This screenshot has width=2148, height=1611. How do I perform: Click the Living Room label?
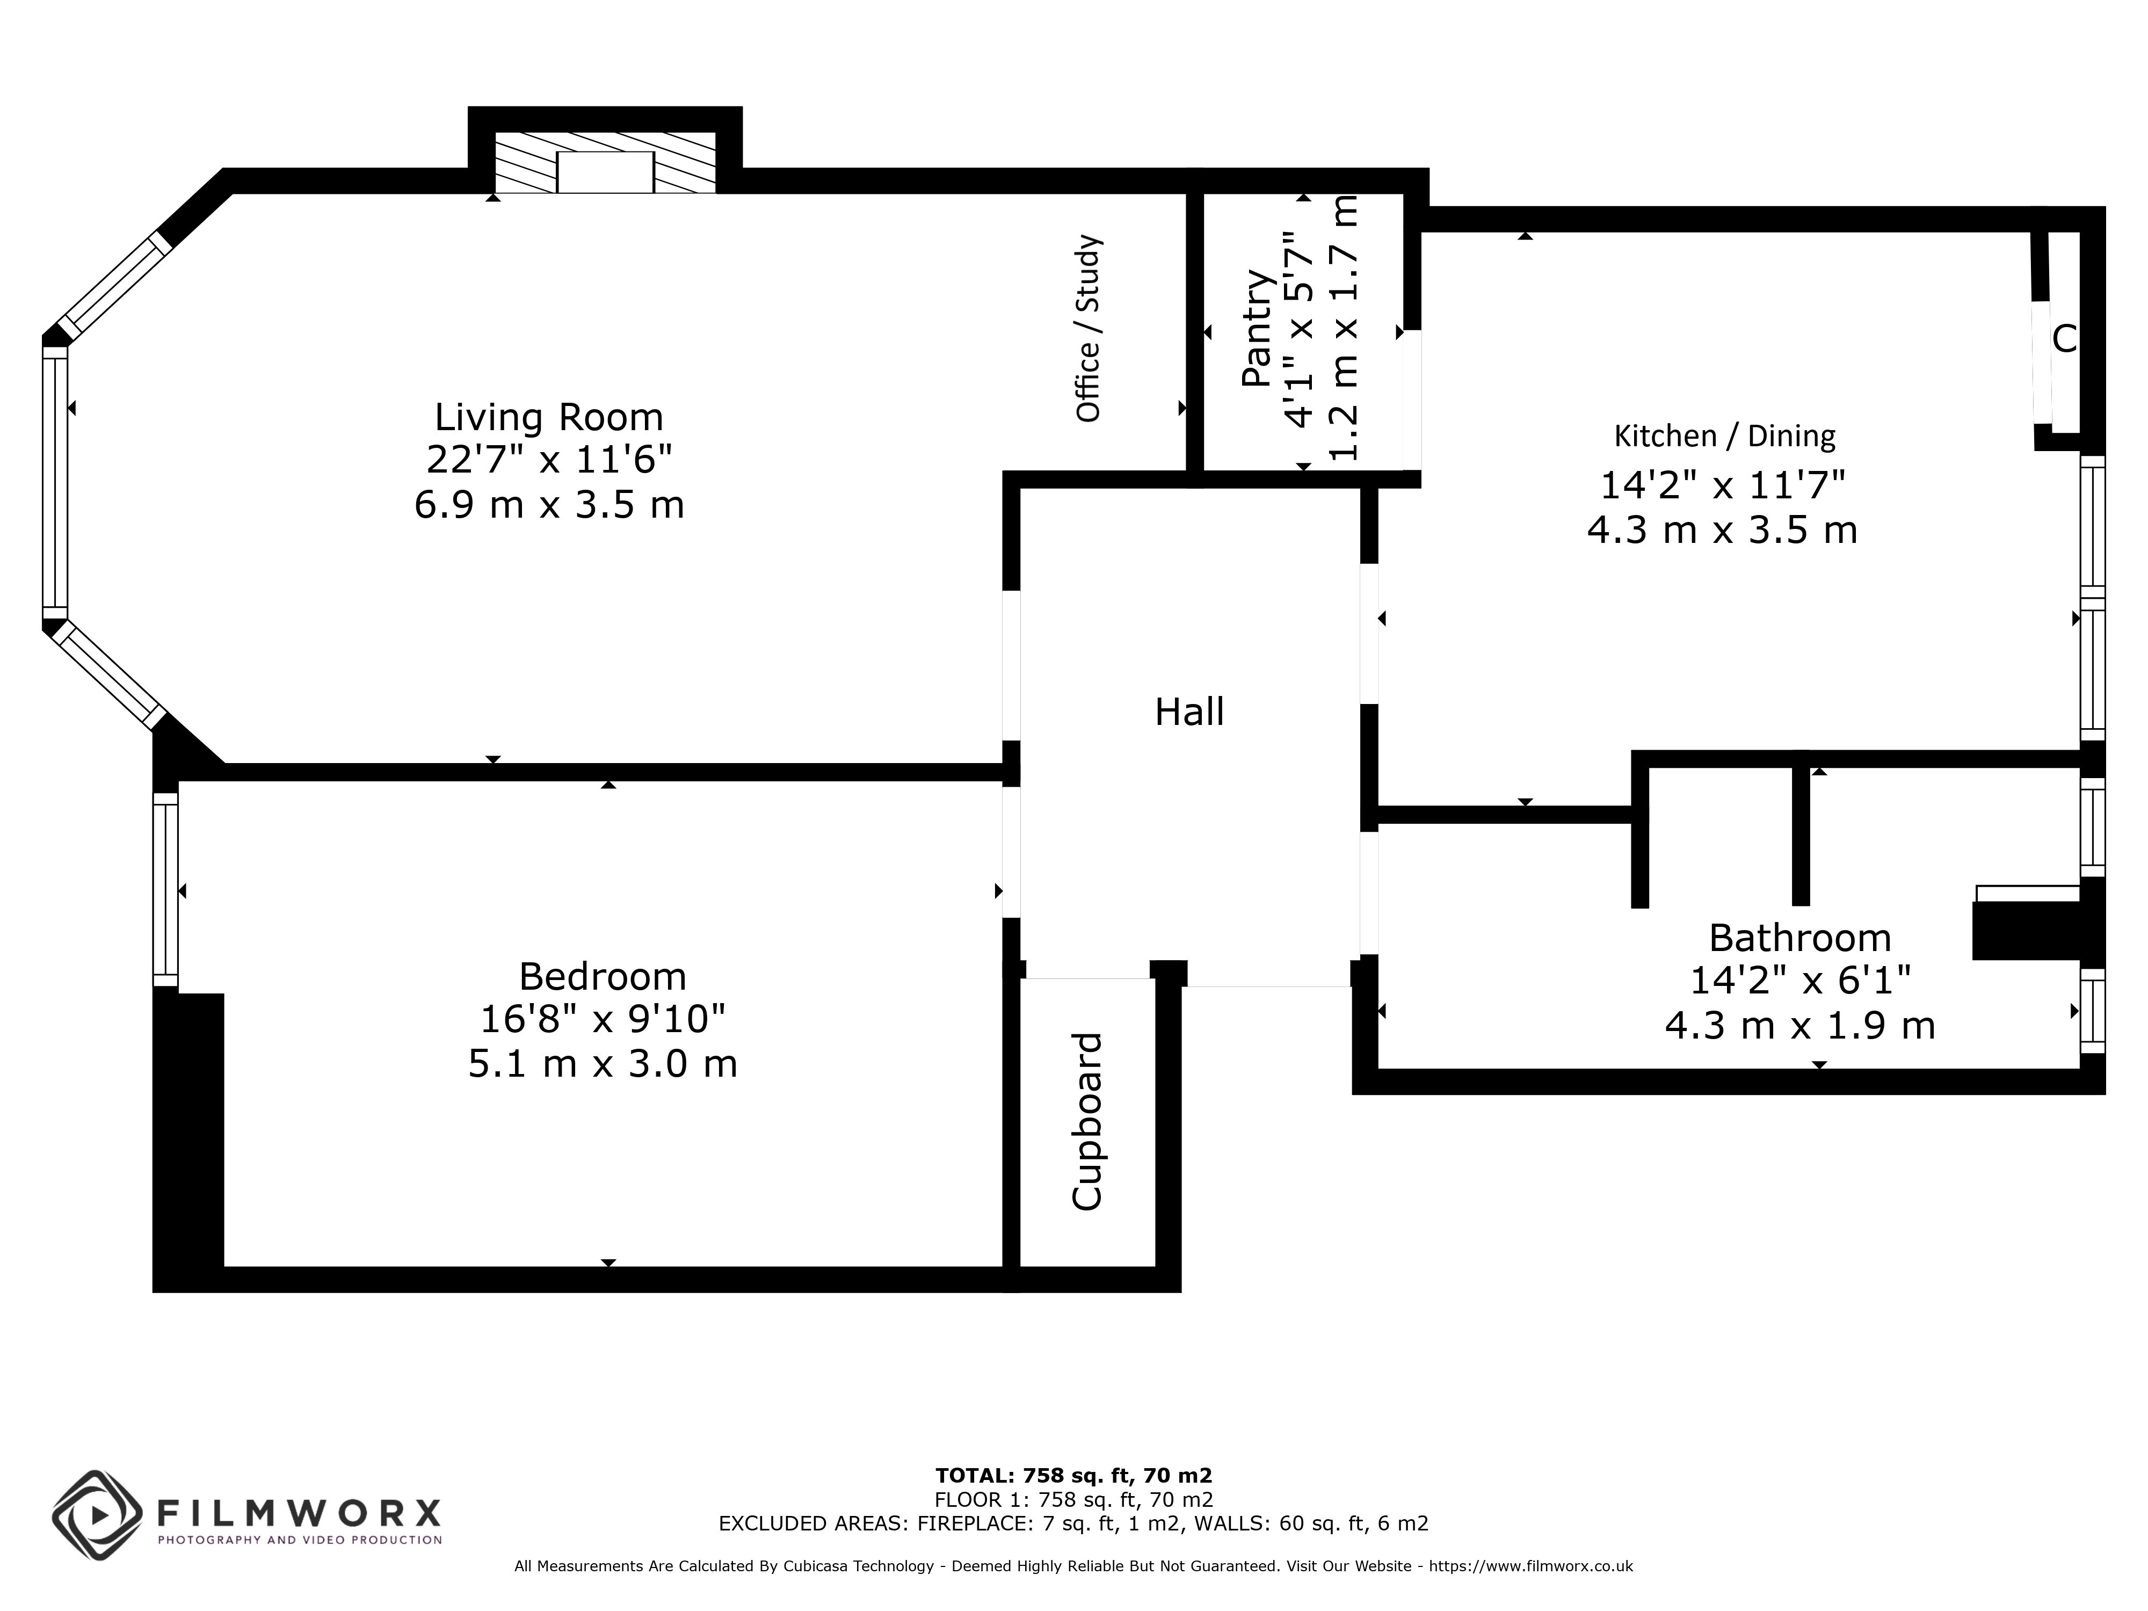549,418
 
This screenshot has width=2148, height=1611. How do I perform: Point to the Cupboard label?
1087,1122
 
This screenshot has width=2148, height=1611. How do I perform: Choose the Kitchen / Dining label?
1725,436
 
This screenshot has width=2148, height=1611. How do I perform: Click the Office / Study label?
1088,328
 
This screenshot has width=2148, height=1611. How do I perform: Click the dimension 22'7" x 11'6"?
549,459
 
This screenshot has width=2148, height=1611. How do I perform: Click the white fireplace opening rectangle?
605,172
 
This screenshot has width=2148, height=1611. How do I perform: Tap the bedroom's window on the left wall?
166,889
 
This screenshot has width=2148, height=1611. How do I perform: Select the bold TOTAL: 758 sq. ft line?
1073,1476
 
